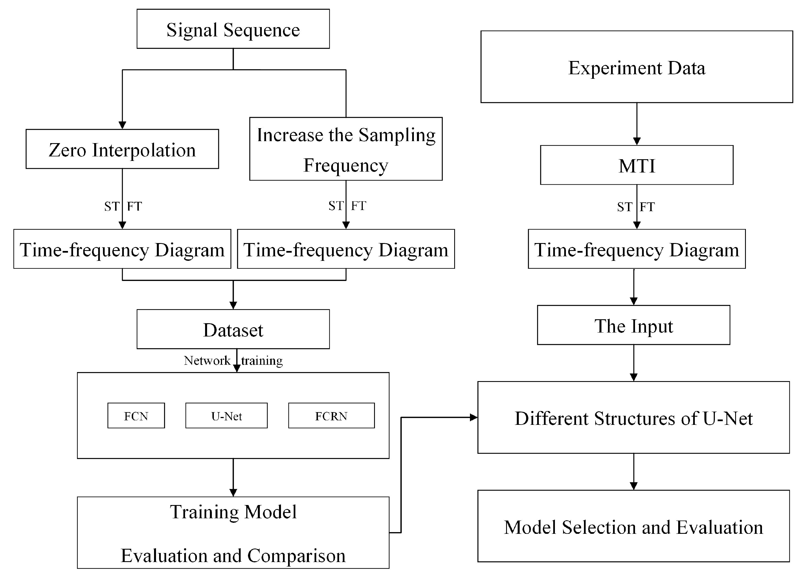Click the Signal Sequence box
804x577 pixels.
click(x=233, y=29)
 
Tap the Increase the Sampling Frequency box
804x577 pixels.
click(x=346, y=149)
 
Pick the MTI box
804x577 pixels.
click(x=636, y=165)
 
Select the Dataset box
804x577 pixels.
click(x=233, y=329)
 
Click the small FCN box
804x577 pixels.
click(x=136, y=416)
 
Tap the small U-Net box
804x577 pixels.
click(x=226, y=416)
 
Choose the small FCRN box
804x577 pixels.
click(x=331, y=416)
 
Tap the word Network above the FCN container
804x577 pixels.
click(x=207, y=361)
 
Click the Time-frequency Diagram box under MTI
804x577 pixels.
click(x=636, y=249)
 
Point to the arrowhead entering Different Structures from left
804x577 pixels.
click(x=474, y=418)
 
